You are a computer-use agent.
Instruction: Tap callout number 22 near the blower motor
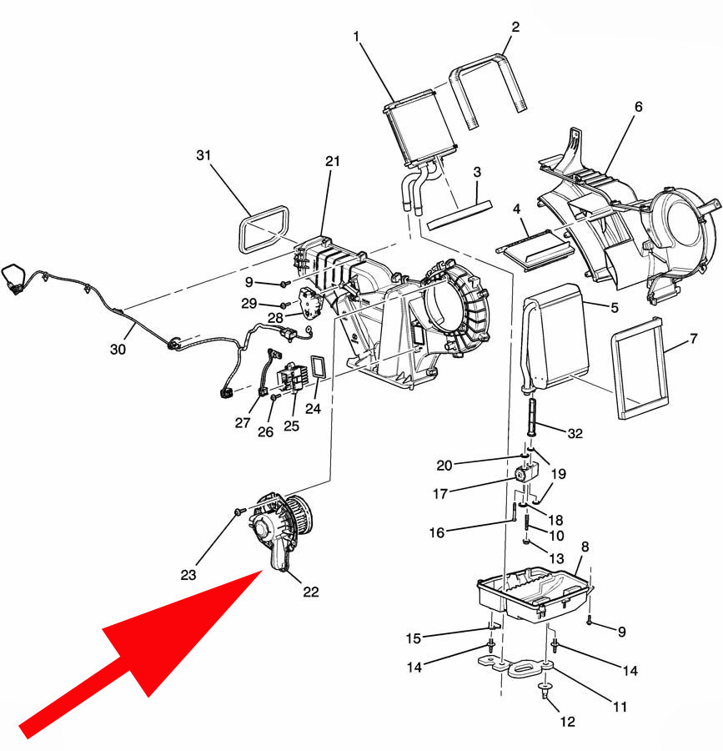310,592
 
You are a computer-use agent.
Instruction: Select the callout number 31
203,155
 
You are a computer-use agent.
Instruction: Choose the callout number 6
638,106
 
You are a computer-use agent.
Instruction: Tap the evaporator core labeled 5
555,338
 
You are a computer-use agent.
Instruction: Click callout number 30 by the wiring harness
118,349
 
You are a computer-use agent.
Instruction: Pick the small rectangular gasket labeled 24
318,367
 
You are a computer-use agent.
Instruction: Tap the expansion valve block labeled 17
525,472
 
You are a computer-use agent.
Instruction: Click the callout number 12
568,722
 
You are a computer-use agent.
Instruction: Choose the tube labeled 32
531,416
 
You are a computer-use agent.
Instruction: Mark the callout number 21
332,161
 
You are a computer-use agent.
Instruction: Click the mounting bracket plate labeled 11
517,667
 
